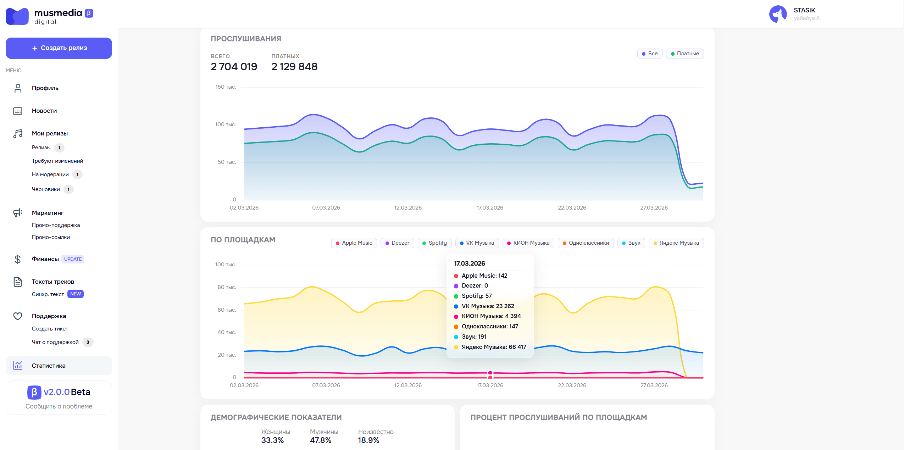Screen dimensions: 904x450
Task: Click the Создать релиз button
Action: coord(59,48)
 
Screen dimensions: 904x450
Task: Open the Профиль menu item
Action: coord(45,88)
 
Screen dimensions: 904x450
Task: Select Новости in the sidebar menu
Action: coord(44,111)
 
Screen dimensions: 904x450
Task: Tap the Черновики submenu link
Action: coord(46,189)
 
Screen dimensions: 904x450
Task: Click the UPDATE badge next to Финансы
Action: coord(73,259)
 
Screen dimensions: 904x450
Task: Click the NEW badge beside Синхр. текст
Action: coord(76,294)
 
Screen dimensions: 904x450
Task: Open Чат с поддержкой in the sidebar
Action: coord(55,342)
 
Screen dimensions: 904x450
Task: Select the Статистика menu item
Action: coord(49,366)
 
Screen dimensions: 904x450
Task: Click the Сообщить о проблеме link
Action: coord(59,406)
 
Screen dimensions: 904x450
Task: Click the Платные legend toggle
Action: coord(685,54)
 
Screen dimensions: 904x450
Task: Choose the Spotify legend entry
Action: coord(435,243)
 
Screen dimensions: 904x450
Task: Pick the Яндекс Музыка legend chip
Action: coord(676,243)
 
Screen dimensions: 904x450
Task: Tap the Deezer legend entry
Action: coord(397,243)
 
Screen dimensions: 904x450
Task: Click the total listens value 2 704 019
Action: coord(234,67)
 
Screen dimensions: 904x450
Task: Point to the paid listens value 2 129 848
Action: coord(294,67)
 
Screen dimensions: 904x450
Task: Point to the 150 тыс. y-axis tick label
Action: coord(226,87)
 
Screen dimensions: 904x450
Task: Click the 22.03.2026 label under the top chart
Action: coord(572,208)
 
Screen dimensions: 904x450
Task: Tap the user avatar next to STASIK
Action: coord(778,14)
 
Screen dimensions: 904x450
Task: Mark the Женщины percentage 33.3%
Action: coord(272,440)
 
